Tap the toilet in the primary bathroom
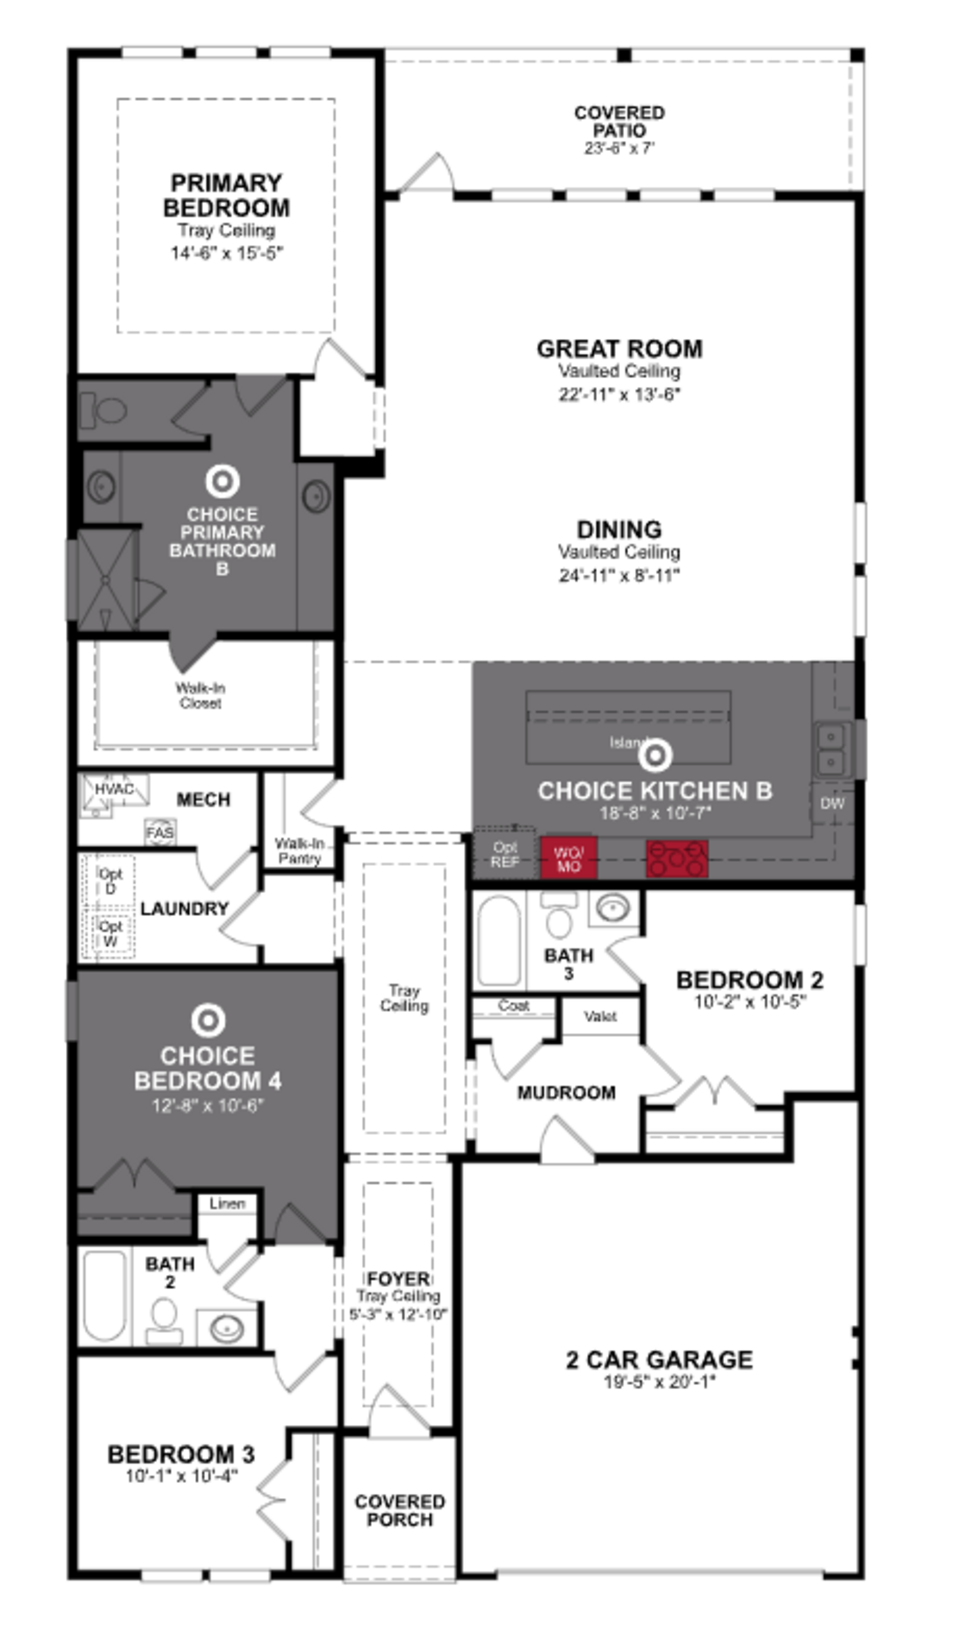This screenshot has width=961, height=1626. point(104,410)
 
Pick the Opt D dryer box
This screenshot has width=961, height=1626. point(110,881)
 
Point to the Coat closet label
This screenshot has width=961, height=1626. point(514,1006)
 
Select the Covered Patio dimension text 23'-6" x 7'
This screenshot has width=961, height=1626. point(619,148)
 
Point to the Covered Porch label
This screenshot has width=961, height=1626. point(400,1511)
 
